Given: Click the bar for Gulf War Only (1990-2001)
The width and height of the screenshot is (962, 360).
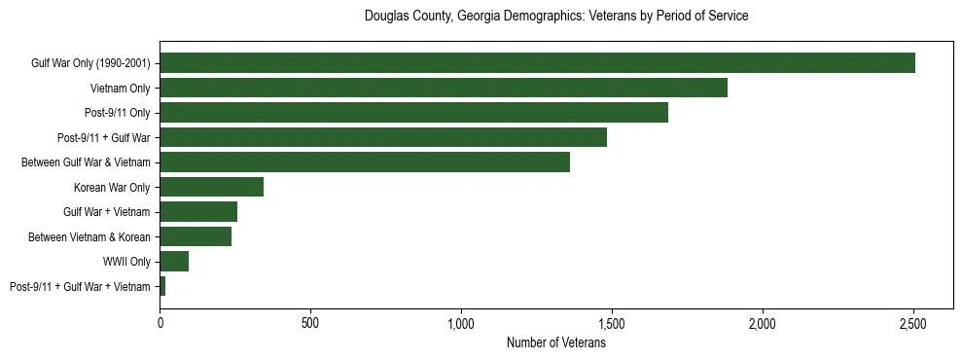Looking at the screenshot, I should pos(537,63).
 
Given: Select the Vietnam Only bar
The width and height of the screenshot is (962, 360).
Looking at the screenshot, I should pos(444,88).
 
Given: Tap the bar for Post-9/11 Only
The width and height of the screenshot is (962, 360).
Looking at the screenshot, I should pos(413,113).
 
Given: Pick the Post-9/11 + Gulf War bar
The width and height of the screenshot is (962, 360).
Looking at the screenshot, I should pos(383,137).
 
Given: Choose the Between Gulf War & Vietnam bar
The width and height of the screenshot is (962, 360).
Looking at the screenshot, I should pos(365,162).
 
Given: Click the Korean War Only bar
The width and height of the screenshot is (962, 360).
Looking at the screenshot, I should pos(212,187).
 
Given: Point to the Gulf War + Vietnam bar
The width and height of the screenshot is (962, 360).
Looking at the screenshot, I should pos(198,212).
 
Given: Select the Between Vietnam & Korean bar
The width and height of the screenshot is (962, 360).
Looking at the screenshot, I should pos(196,236).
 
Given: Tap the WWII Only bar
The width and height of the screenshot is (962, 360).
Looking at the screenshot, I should pos(174,262).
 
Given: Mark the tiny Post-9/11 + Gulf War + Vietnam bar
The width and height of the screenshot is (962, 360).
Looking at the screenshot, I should pos(162,286).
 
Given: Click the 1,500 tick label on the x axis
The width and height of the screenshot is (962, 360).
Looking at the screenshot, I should pos(612,323).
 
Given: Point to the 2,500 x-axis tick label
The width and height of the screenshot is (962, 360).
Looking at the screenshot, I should pos(913,323).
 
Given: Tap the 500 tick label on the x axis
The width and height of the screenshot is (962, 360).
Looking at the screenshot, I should pos(310,323).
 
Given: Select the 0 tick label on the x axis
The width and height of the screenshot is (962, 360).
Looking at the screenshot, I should pos(160,323).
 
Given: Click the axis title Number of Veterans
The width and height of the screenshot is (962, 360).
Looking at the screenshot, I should pos(556,342).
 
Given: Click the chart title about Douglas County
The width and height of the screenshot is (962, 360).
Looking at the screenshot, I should pos(556,17).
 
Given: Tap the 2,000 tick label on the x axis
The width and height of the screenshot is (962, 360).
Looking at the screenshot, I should pos(763,323).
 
